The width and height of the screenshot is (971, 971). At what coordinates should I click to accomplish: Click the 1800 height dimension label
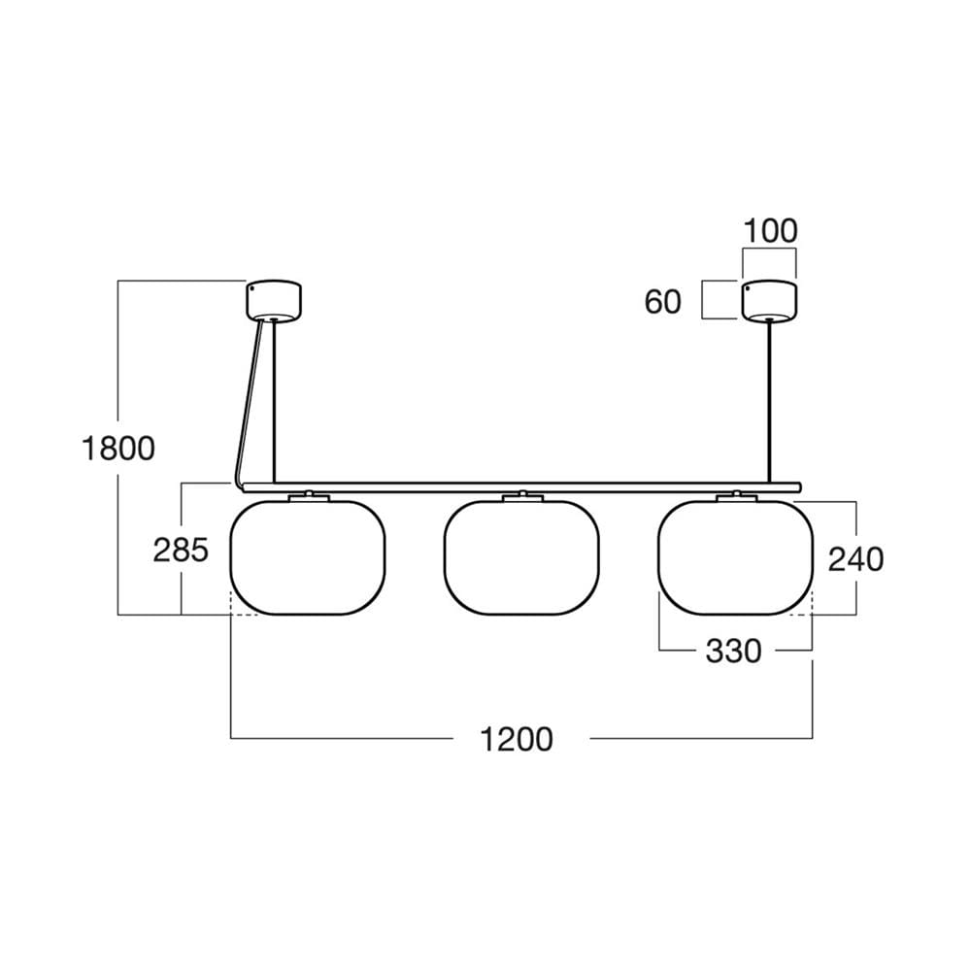click(118, 449)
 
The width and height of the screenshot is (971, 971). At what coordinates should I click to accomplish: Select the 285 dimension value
click(181, 550)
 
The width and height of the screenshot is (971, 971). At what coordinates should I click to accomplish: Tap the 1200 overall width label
click(518, 739)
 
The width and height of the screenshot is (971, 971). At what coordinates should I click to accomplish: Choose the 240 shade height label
click(855, 559)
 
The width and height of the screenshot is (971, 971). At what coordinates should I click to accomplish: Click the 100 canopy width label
click(770, 232)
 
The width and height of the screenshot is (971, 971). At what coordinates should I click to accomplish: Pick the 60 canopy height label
click(662, 302)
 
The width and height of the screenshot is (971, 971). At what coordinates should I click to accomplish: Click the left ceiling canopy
click(274, 301)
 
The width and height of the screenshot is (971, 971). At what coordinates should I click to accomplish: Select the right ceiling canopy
click(769, 301)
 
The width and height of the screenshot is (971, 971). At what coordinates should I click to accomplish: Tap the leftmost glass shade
click(308, 557)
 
